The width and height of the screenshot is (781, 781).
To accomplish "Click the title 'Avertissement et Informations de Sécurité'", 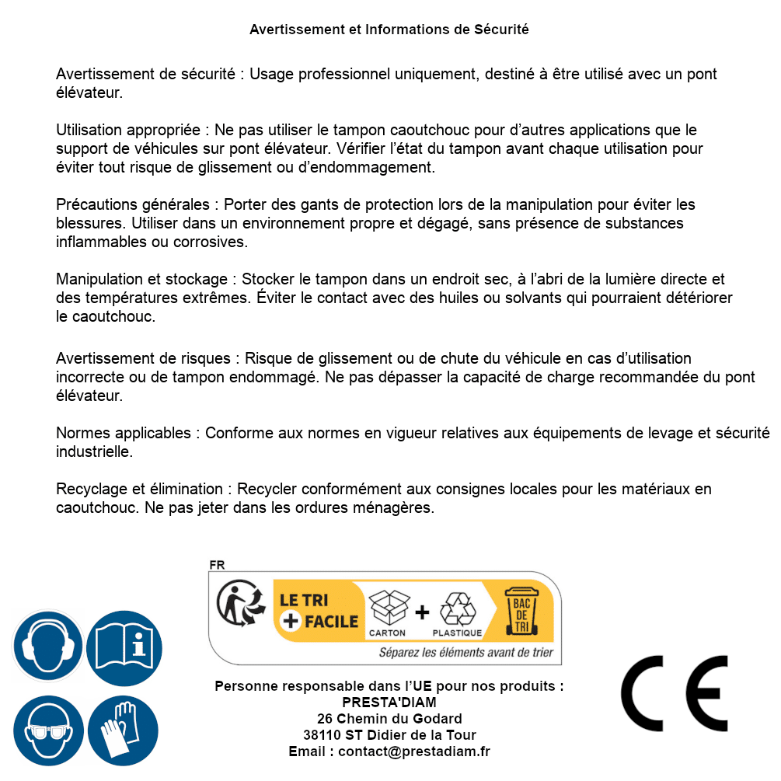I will coord(389,30).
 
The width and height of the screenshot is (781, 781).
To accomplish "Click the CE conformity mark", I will coord(674,693).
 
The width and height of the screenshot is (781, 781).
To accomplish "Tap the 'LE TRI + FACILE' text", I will coord(319,610).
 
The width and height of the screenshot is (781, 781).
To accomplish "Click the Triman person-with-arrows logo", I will coord(240,604).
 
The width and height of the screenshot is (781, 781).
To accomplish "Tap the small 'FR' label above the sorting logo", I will coord(217,565).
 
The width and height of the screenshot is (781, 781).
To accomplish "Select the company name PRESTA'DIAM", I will coord(389,703).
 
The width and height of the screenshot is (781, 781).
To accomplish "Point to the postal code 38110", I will coord(323,735).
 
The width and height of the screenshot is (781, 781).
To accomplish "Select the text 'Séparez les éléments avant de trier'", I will coord(465,653).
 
